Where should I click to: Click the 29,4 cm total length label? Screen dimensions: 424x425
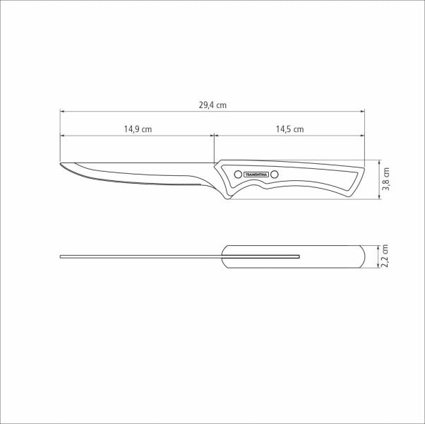click(212, 105)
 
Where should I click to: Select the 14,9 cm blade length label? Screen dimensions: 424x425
click(138, 129)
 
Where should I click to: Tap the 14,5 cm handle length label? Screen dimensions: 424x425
click(289, 129)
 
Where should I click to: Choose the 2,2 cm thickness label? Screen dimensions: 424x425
click(386, 256)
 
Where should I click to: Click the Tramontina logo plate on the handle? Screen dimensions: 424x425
click(256, 174)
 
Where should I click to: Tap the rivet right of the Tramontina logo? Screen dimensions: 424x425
click(275, 174)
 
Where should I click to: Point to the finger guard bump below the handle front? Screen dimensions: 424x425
click(227, 197)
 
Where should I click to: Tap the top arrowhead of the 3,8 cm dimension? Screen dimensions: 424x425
click(380, 160)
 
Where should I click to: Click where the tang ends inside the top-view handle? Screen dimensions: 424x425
click(300, 256)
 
